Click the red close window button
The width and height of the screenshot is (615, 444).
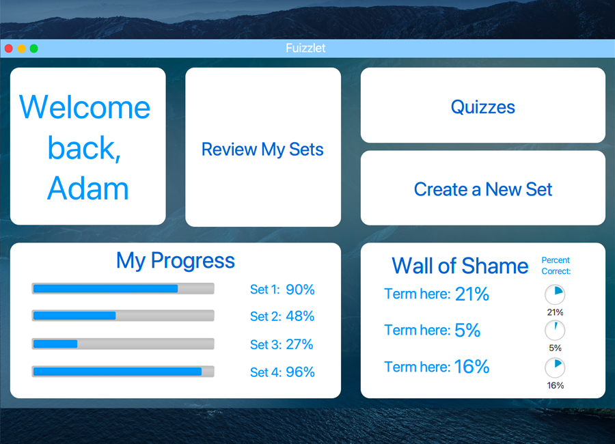click(x=9, y=48)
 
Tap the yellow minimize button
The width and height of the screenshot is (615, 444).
click(x=22, y=48)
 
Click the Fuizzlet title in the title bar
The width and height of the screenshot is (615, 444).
click(x=305, y=48)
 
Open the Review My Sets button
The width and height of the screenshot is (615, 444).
click(x=263, y=147)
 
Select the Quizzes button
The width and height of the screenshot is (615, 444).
click(x=483, y=105)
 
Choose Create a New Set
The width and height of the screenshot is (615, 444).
click(x=483, y=188)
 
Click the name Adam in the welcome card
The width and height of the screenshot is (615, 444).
click(x=88, y=189)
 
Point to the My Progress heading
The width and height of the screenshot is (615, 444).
click(x=176, y=261)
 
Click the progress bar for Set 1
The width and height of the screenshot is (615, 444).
click(x=123, y=289)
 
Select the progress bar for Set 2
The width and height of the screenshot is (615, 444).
click(x=123, y=316)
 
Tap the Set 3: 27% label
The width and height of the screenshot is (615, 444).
click(x=282, y=344)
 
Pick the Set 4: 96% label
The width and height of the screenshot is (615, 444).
click(x=282, y=372)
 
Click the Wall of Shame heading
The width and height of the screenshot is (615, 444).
click(x=460, y=266)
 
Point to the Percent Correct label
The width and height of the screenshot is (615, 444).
click(x=556, y=266)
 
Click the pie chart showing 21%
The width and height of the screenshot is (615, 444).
click(x=555, y=294)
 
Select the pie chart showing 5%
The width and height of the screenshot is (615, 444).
click(x=555, y=330)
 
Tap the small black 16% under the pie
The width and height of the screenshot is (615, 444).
click(x=556, y=385)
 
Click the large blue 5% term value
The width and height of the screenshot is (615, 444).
click(x=467, y=330)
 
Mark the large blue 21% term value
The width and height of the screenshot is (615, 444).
click(x=472, y=294)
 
